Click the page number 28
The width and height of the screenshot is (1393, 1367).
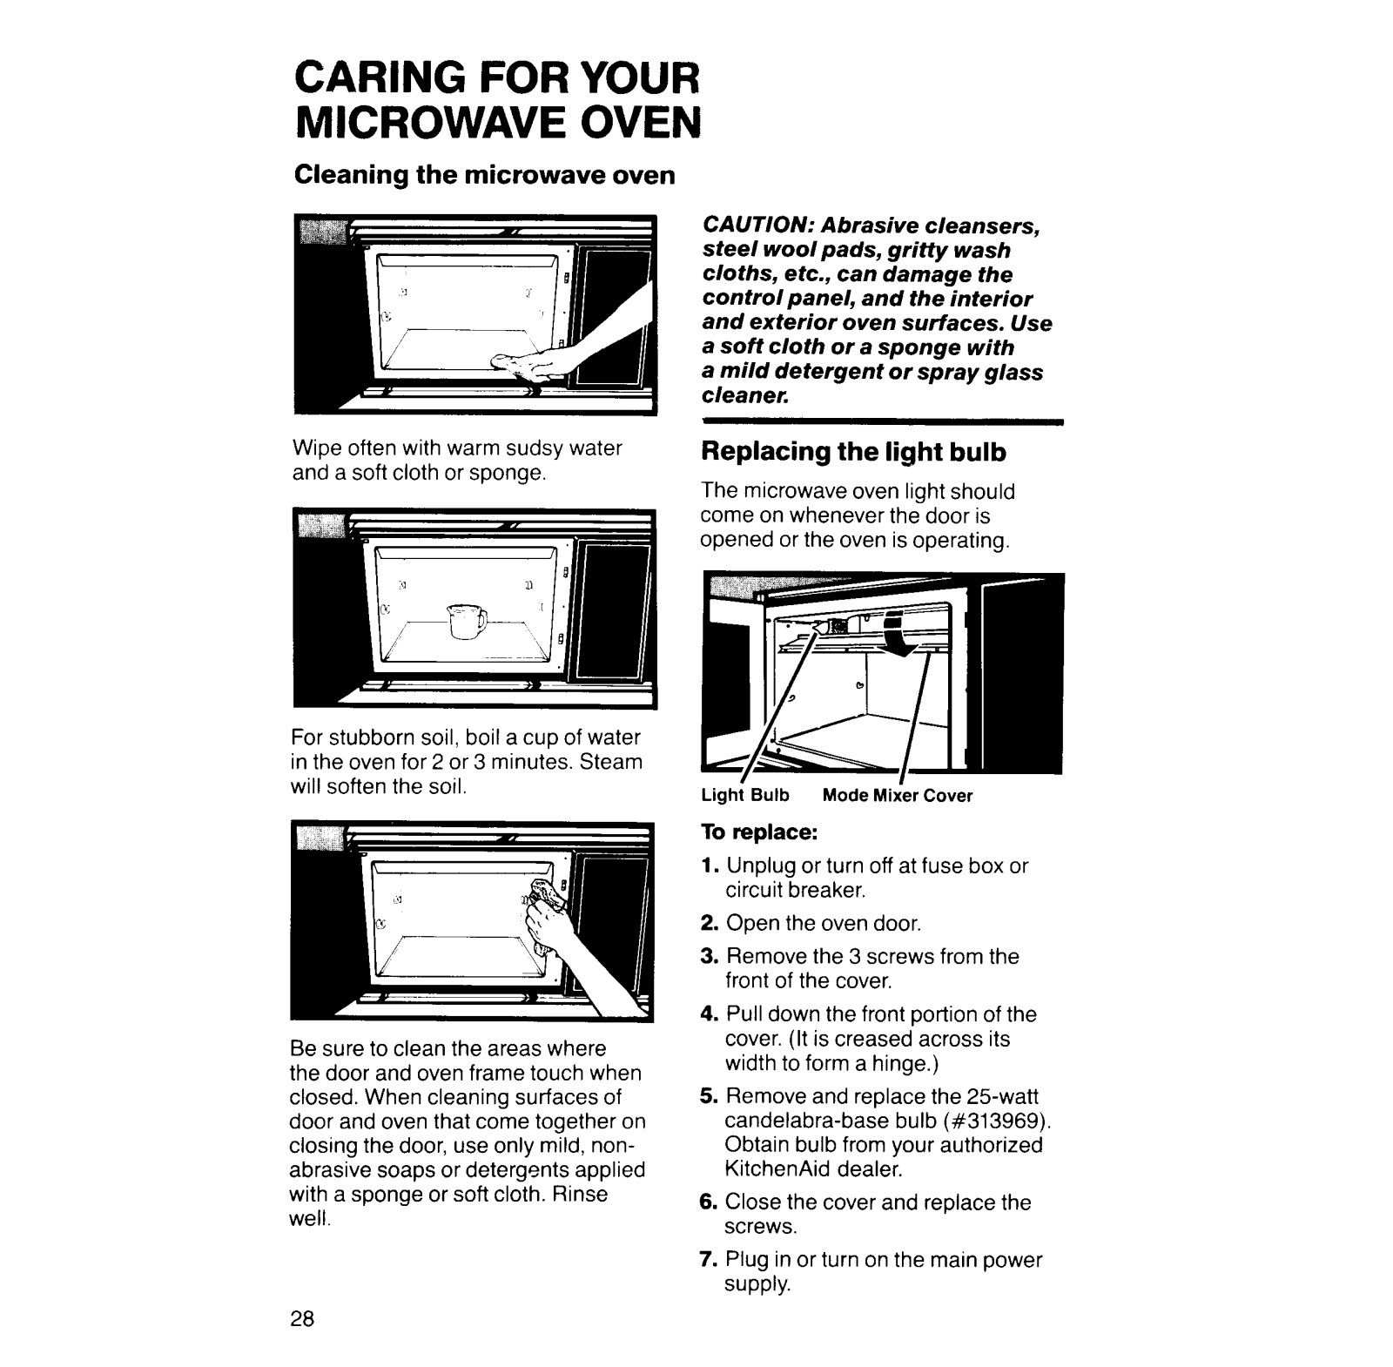click(x=302, y=1318)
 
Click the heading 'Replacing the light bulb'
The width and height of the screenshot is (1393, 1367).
click(x=853, y=452)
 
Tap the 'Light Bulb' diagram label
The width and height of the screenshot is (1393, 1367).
click(x=745, y=796)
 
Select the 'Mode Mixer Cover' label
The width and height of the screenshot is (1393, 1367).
click(x=898, y=796)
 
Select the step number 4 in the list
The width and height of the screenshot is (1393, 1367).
click(x=708, y=1014)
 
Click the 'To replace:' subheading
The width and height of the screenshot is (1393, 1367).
click(x=759, y=832)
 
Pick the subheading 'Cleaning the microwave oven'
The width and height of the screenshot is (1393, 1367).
click(x=485, y=175)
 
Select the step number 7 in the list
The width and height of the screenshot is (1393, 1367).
click(x=708, y=1260)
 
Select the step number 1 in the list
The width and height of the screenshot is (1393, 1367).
click(x=708, y=866)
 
